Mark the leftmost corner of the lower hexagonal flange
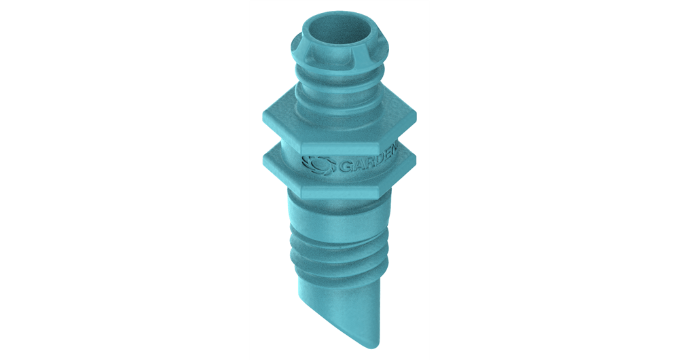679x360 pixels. coord(264,158)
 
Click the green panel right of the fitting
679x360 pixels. coord(554,180)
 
